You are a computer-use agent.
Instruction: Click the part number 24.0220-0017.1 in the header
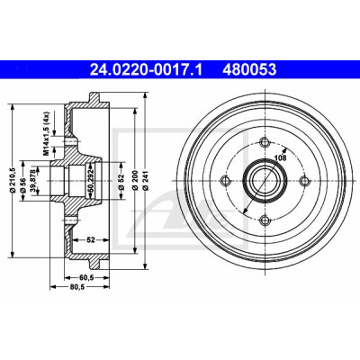pos(147,70)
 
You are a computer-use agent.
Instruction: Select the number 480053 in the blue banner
pos(249,70)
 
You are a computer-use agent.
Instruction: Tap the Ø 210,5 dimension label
pos(13,180)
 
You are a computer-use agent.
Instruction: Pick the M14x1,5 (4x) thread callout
pos(46,132)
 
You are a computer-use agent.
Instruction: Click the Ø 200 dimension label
pos(135,180)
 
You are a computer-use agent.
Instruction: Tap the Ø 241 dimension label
pos(146,180)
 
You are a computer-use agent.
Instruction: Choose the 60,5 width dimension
pos(87,278)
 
